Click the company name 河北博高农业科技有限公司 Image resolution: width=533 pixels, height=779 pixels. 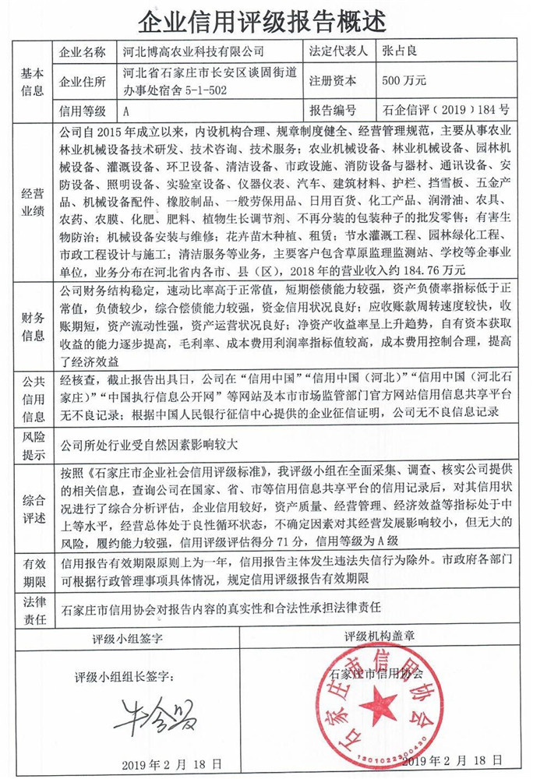[194, 53]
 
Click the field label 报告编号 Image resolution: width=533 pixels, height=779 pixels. [333, 110]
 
